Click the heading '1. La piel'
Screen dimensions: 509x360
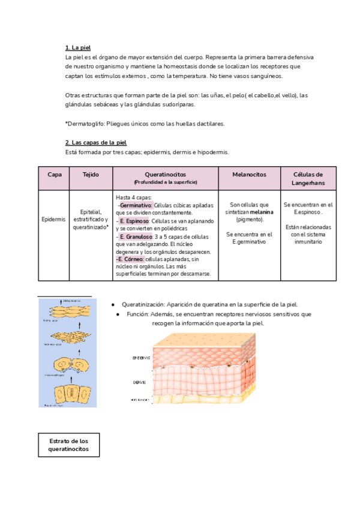point(78,47)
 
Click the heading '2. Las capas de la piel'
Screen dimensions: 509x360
point(95,142)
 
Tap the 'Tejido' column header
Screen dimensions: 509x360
point(91,174)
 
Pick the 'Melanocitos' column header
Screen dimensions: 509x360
point(249,174)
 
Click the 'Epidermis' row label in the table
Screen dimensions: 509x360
point(53,220)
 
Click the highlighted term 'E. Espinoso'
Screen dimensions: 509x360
point(134,221)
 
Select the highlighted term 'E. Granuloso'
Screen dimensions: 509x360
point(136,236)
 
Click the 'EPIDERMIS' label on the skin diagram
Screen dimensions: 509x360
point(141,358)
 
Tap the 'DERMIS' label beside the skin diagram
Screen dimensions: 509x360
point(141,381)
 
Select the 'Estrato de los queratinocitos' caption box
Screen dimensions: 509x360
point(68,445)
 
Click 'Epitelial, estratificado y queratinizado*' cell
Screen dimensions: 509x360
point(91,220)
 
